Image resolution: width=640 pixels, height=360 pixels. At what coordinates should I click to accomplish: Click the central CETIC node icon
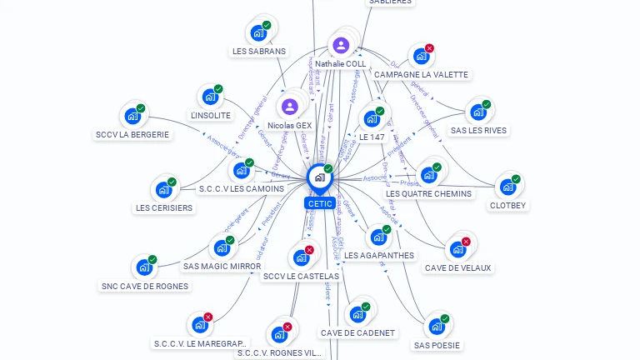pos(319,177)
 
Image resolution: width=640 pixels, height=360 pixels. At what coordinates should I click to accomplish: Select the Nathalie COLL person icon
pos(340,45)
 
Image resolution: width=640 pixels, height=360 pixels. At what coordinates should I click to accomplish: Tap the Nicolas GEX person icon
pos(289,107)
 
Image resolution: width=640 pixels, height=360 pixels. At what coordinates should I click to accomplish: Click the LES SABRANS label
pos(258,51)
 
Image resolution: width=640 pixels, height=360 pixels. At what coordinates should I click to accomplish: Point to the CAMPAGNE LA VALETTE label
pos(421,74)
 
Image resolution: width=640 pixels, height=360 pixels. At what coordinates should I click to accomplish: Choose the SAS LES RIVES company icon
pos(477,112)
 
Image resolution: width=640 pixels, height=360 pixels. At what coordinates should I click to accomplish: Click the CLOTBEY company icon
pos(507,187)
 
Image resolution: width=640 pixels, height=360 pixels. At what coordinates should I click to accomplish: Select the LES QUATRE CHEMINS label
pos(428,193)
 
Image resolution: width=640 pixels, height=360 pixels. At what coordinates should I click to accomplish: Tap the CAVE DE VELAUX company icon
pos(457,249)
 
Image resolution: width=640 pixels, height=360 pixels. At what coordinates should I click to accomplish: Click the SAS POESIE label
pos(437,344)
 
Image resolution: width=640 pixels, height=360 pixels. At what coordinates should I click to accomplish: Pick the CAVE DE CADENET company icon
pos(357,314)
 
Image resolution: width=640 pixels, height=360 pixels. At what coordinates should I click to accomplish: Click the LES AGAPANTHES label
pos(379,255)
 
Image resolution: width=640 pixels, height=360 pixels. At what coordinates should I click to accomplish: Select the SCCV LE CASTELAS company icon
pos(301,257)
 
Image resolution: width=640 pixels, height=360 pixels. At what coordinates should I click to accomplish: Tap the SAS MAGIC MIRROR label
pos(222,266)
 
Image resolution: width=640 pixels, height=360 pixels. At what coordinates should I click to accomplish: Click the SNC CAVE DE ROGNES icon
pos(144,268)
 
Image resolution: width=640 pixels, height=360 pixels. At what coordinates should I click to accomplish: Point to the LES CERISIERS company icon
pos(163,189)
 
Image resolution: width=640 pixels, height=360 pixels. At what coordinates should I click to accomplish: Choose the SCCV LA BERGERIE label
pos(132,134)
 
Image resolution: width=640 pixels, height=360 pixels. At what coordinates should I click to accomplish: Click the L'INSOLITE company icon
pos(210,97)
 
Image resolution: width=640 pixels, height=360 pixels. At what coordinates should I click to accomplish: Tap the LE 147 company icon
pos(372,118)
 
